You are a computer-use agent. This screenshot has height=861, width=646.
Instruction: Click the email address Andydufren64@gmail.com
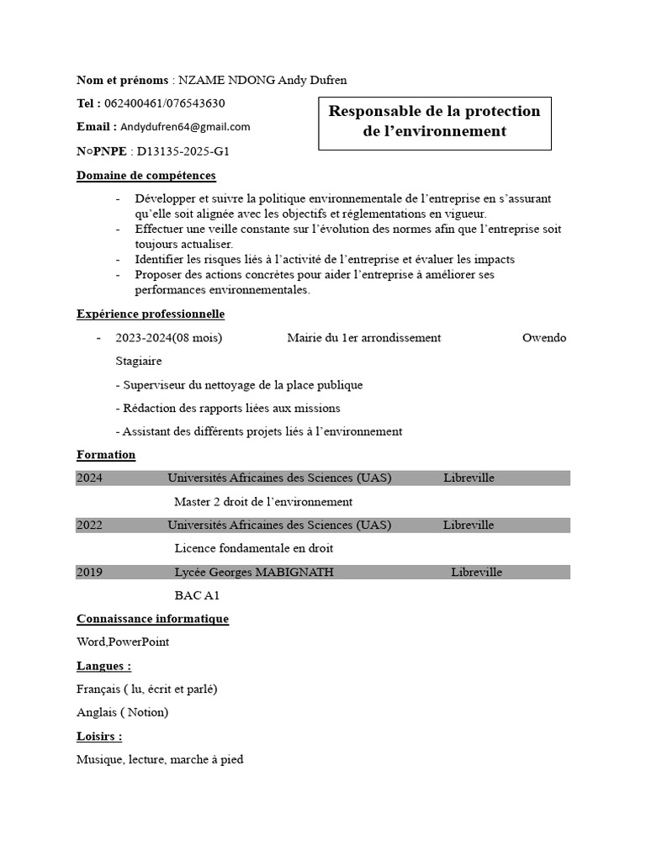coord(185,127)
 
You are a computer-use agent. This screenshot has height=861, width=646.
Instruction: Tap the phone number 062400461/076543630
coord(164,103)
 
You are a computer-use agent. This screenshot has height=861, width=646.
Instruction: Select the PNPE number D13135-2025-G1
coord(183,151)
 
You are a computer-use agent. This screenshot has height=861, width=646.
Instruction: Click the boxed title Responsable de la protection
coord(434,112)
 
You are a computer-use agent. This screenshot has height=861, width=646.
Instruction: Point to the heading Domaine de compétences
coord(146,176)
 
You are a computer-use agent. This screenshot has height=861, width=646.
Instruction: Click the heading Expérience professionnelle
coord(151,314)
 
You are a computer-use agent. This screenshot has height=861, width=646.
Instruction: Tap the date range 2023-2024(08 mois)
coord(169,338)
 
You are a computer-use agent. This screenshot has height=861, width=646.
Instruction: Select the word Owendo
coord(544,338)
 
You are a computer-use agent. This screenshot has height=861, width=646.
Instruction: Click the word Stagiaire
coord(139,361)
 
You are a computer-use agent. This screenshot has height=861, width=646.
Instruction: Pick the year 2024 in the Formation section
coord(89,478)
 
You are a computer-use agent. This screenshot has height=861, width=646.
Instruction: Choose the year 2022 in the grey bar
coord(89,526)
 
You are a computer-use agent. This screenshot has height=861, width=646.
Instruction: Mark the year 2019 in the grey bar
coord(89,573)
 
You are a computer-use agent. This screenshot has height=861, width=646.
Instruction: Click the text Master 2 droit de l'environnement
coord(263,502)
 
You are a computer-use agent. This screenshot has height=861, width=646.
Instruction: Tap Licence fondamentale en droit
coord(254,548)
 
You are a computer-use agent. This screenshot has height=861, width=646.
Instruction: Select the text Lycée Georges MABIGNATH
coord(254,573)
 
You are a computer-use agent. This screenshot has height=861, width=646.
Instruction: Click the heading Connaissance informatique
coord(152,619)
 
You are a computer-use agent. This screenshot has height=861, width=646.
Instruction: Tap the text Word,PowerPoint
coord(123,642)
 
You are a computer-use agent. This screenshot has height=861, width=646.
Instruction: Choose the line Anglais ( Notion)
coord(122,712)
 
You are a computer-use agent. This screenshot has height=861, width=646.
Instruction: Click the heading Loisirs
coord(99,736)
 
